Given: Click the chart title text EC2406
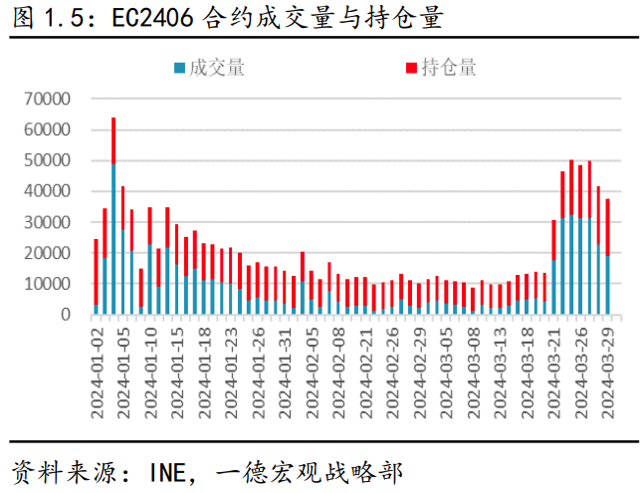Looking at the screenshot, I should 153,19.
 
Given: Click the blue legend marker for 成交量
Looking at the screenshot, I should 179,69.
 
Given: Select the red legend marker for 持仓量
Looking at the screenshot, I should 410,69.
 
